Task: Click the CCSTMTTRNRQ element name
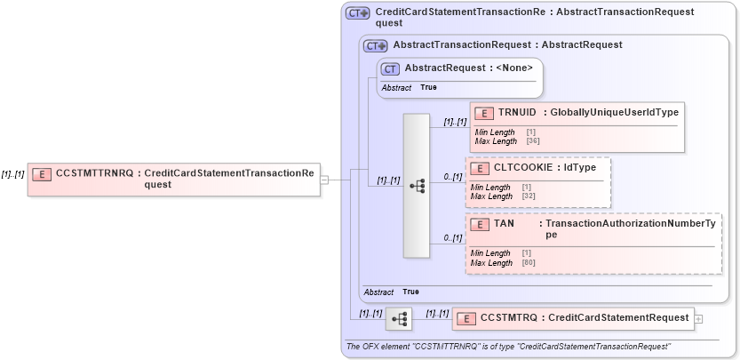tap(96, 173)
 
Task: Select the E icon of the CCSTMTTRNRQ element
tap(41, 174)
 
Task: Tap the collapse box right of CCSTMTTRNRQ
tap(324, 180)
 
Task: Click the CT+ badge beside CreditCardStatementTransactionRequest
tap(357, 13)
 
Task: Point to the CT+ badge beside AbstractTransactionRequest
tap(375, 45)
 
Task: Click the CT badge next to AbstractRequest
tap(389, 68)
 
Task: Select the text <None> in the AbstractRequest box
tap(515, 68)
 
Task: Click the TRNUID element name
tap(517, 112)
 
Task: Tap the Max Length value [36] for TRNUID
tap(533, 141)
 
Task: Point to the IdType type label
tap(580, 167)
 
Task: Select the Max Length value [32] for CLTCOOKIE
tap(529, 196)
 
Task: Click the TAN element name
tap(504, 224)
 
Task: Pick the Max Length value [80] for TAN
tap(529, 263)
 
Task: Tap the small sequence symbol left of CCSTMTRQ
tap(400, 317)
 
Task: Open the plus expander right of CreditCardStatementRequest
tap(699, 318)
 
